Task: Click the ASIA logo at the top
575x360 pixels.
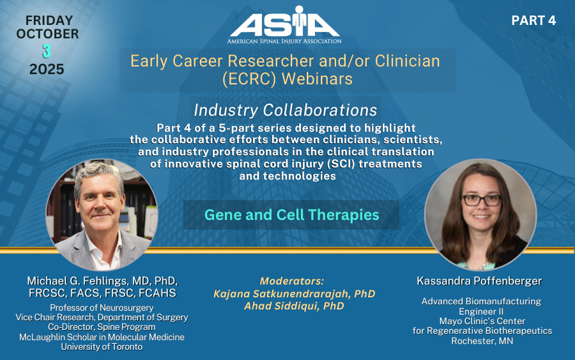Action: [x=284, y=24]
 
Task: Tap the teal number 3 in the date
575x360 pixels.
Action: [x=47, y=51]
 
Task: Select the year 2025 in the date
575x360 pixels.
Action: [x=47, y=69]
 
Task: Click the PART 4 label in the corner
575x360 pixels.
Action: [x=533, y=20]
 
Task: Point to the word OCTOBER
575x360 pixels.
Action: [x=48, y=34]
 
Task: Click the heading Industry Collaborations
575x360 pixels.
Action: [x=286, y=110]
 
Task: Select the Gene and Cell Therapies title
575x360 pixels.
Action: [x=291, y=215]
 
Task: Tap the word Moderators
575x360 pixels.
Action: [x=292, y=281]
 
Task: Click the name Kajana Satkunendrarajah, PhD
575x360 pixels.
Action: [x=294, y=293]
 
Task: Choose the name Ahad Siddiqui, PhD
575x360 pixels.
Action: [x=294, y=306]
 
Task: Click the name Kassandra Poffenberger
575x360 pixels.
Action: [x=479, y=281]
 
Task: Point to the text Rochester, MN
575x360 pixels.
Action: [x=482, y=341]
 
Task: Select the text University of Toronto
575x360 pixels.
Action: [x=102, y=347]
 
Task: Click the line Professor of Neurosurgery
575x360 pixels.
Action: [x=102, y=308]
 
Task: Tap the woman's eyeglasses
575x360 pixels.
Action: [x=482, y=200]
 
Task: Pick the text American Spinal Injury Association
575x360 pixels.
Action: [x=284, y=41]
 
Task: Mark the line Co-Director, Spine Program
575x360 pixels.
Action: [x=102, y=327]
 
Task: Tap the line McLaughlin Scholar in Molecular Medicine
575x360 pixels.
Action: [x=102, y=337]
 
